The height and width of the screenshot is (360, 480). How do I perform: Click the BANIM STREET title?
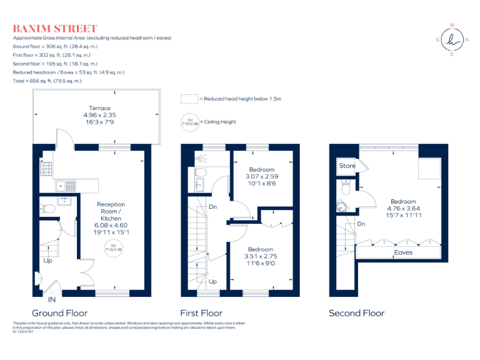(x=55, y=29)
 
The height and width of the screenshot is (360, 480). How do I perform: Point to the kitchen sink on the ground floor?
(x=65, y=186)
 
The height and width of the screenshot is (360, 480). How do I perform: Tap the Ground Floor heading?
(x=59, y=313)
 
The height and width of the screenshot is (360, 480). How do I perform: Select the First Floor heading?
(x=201, y=313)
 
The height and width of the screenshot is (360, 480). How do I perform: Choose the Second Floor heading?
(x=356, y=313)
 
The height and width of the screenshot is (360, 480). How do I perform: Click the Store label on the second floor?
(x=347, y=166)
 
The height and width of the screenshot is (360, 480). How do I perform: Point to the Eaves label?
(x=403, y=252)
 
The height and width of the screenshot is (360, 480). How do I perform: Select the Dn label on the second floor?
(x=361, y=224)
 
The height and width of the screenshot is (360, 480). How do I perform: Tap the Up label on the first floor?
(x=212, y=282)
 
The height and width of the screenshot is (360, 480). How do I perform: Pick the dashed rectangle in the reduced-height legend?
(x=189, y=99)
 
